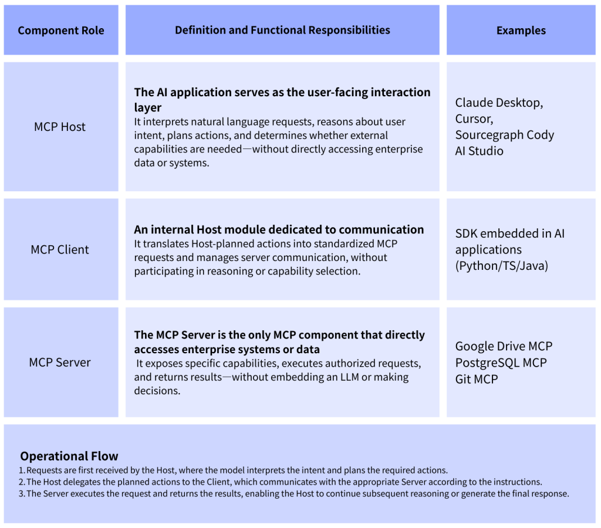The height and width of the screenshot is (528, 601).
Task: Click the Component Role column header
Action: point(61,31)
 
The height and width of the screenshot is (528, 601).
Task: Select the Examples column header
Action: point(521,31)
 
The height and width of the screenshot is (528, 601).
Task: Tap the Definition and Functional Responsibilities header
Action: point(282,30)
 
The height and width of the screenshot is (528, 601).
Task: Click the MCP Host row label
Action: point(60,127)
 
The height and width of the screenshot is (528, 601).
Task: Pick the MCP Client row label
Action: point(60,249)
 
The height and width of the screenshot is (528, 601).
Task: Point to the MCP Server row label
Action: point(60,363)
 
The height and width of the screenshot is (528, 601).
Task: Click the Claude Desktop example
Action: point(498,103)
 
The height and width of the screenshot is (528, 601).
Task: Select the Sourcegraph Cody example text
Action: point(504,135)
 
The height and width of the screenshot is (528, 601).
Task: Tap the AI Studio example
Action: point(479,151)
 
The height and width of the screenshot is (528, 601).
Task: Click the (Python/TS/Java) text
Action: point(501,265)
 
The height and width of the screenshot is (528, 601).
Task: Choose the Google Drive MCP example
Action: point(504,346)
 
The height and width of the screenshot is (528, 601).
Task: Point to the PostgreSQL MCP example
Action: point(501,363)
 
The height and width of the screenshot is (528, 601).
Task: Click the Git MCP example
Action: point(477,379)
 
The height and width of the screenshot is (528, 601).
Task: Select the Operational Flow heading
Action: point(69,456)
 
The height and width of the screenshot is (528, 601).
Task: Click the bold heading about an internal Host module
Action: point(279,229)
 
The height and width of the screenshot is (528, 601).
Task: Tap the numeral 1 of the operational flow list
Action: point(21,470)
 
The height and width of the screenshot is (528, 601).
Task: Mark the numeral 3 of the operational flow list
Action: point(21,493)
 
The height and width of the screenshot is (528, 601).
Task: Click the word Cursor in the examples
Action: point(472,119)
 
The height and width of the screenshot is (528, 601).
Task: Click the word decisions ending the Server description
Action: point(157,391)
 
